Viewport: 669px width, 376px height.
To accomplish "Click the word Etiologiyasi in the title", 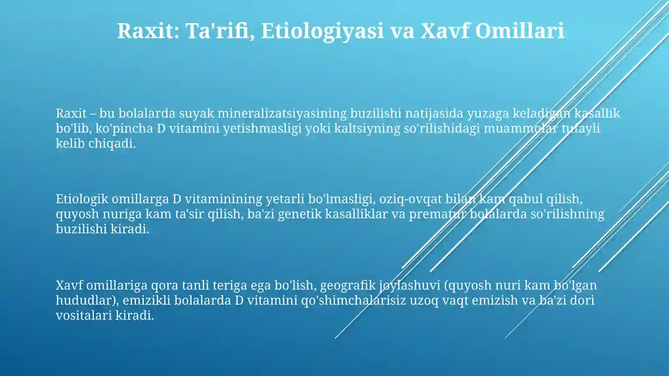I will click(322, 31).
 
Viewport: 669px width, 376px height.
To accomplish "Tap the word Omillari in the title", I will click(519, 31).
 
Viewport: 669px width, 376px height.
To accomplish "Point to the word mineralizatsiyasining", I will click(282, 113).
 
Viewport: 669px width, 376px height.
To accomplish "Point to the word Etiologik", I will click(82, 199).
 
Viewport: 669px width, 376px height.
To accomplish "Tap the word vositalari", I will click(84, 315).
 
